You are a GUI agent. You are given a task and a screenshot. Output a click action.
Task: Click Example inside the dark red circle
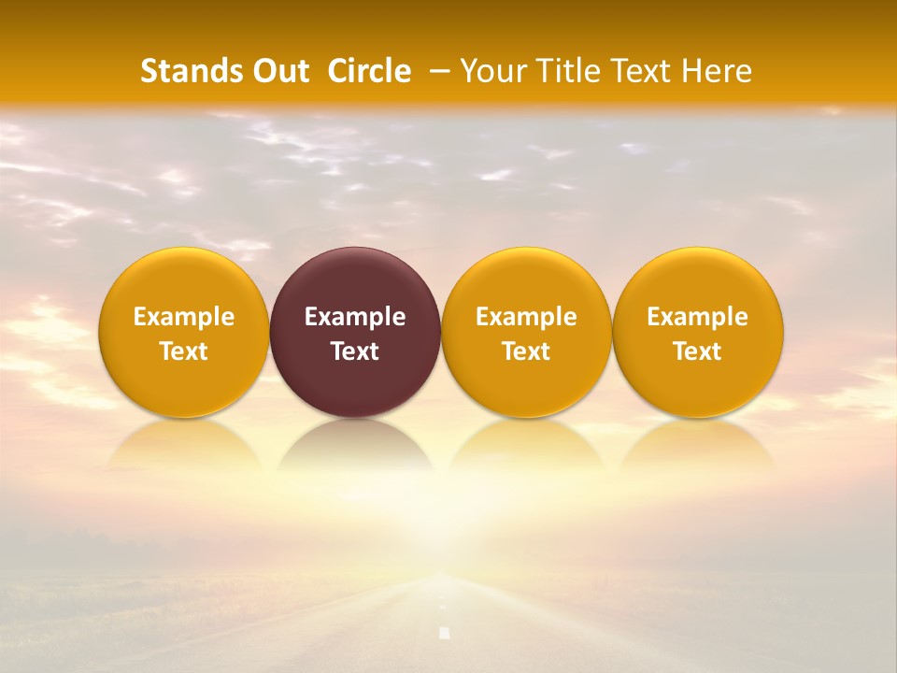point(355,318)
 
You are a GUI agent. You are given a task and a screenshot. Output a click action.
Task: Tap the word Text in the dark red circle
point(355,351)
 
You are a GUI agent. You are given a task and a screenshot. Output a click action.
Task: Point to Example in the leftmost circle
point(184,318)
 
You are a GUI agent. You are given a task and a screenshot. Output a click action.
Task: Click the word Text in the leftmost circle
point(184,351)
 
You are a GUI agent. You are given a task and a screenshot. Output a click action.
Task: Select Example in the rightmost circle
point(698,318)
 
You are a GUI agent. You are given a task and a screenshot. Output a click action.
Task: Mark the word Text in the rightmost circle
point(698,351)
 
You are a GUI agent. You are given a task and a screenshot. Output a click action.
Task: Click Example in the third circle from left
point(526,318)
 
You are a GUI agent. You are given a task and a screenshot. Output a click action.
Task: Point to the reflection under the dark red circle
point(355,449)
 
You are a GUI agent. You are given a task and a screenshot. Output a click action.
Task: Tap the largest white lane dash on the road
point(445,634)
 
